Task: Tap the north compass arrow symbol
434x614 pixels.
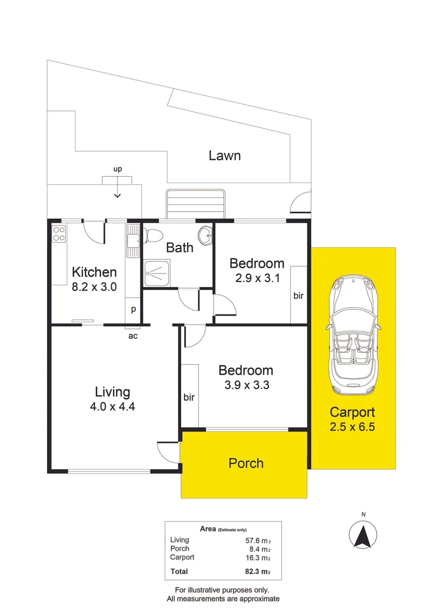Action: click(363, 535)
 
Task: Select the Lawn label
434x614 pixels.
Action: click(224, 155)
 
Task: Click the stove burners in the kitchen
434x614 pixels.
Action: click(59, 234)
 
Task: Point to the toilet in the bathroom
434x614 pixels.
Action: click(152, 234)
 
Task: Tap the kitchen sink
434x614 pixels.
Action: click(133, 242)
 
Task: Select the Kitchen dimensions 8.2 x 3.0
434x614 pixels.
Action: click(94, 287)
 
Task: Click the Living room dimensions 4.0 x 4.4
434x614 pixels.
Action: click(112, 406)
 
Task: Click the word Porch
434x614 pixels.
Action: click(246, 463)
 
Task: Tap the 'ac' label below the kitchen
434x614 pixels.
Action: click(132, 335)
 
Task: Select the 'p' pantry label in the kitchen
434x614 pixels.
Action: click(133, 309)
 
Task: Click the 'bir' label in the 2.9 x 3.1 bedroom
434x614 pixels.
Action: click(298, 296)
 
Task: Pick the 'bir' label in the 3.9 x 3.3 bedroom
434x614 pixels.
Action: click(189, 397)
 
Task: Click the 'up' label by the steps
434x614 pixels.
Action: click(118, 169)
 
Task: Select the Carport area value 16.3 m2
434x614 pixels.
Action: click(257, 558)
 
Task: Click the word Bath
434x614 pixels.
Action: click(180, 248)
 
